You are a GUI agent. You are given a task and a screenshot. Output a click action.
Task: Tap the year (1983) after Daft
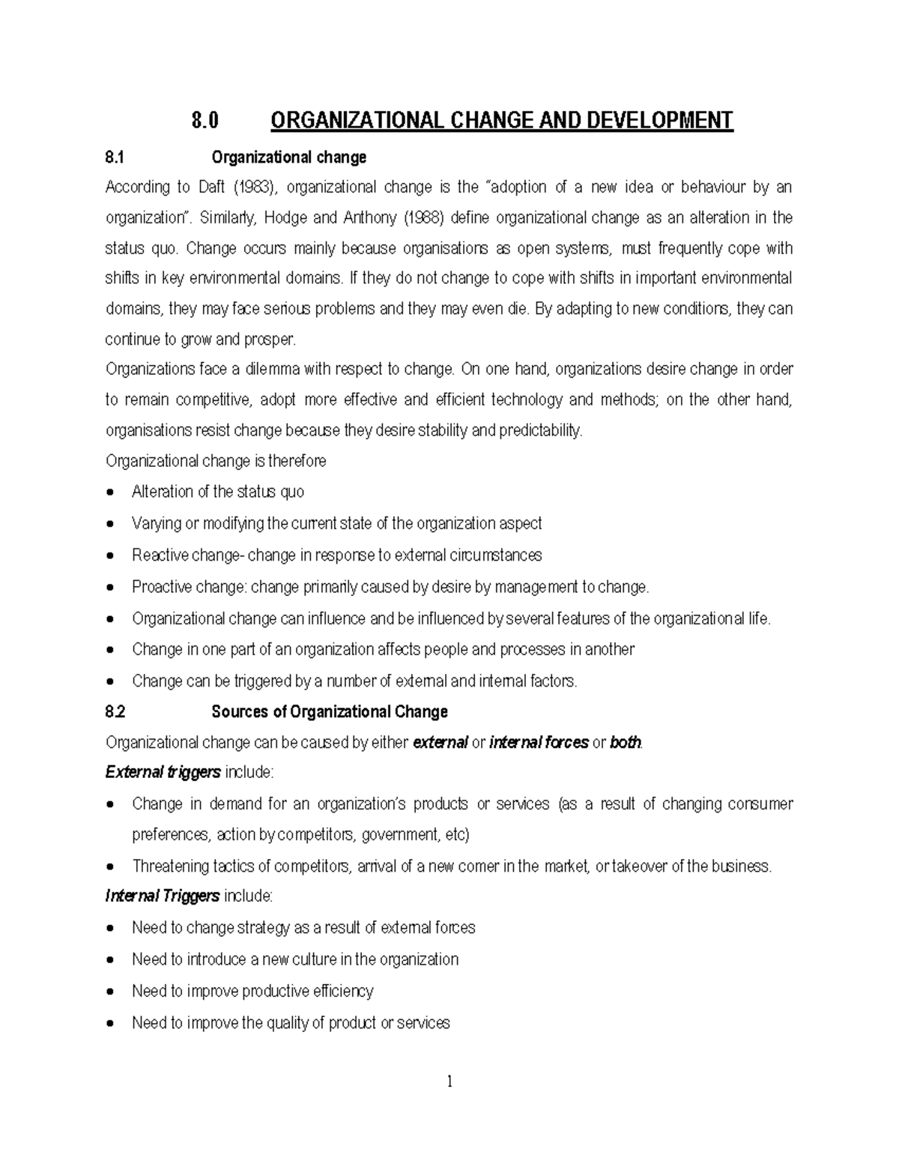coord(251,187)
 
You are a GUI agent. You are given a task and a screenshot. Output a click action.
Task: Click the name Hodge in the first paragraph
coord(288,218)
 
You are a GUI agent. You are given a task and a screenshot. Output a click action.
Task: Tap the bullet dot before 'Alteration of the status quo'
coord(111,492)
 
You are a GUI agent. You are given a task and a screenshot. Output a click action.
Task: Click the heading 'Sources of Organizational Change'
coord(330,712)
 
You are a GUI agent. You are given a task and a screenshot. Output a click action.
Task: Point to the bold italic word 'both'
coord(626,743)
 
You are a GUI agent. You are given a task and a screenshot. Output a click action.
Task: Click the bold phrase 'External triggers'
coord(163,772)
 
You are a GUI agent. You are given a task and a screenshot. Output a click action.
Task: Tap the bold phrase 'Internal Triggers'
coord(163,896)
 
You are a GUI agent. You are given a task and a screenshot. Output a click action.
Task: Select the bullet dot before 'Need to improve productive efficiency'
coord(111,992)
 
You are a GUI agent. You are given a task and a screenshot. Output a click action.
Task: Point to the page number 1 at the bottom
coord(449,1082)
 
